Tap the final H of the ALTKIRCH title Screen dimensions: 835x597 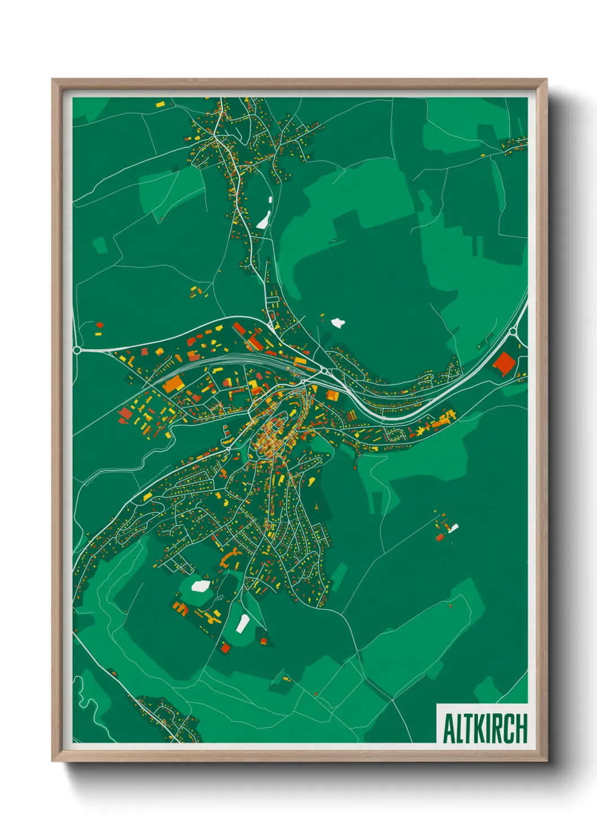pyautogui.click(x=521, y=729)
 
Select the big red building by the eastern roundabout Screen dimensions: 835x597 pyautogui.click(x=502, y=363)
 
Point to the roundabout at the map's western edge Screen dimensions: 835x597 pyautogui.click(x=77, y=350)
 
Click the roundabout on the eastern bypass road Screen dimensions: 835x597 pyautogui.click(x=513, y=332)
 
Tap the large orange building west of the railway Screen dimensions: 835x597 pyautogui.click(x=173, y=384)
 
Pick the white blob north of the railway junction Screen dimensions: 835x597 pyautogui.click(x=337, y=323)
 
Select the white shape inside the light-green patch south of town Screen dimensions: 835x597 pyautogui.click(x=200, y=586)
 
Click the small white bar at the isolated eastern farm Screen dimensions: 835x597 pyautogui.click(x=454, y=529)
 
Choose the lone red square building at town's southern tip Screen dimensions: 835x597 pyautogui.click(x=226, y=648)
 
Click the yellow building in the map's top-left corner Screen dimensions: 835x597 pyautogui.click(x=160, y=104)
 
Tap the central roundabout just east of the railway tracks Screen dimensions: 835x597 pyautogui.click(x=324, y=371)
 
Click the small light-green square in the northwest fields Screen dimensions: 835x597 pyautogui.click(x=100, y=245)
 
